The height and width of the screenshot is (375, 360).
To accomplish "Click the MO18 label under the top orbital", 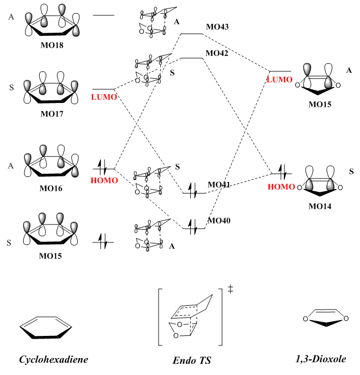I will (51, 46).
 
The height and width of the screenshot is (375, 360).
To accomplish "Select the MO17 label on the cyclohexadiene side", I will (51, 113).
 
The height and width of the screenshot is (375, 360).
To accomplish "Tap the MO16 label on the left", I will (51, 187).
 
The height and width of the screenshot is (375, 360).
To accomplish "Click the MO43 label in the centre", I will (217, 26).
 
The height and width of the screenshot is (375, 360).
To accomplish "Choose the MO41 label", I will (219, 184).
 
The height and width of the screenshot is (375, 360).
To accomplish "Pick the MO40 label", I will (219, 220).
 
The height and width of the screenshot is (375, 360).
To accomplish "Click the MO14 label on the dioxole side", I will (320, 205).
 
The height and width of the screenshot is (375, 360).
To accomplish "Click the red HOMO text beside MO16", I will (104, 180).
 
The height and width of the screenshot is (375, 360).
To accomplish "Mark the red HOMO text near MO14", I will (280, 186).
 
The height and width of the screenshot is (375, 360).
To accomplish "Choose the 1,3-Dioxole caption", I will (321, 359).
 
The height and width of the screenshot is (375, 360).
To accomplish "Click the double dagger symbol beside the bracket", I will (230, 289).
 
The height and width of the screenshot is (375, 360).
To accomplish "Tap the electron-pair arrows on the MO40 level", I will (194, 228).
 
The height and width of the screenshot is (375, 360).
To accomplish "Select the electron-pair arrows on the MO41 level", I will (194, 192).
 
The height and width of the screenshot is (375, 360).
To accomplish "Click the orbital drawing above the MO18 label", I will (51, 24).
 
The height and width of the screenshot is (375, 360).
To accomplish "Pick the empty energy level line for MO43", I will (192, 34).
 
